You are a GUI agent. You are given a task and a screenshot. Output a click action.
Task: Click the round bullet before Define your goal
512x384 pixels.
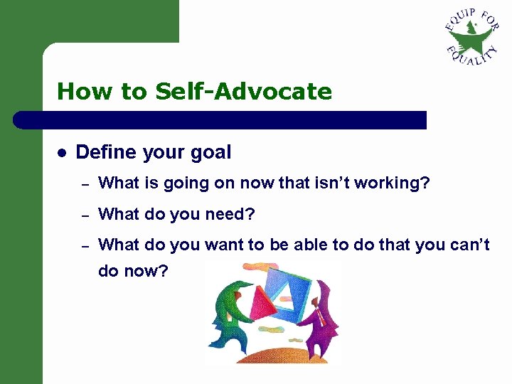[x=62, y=153]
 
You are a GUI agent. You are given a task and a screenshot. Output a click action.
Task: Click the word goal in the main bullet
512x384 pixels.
[x=209, y=152]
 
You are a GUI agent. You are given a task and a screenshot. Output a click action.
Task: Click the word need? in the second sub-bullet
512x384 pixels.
[x=240, y=214]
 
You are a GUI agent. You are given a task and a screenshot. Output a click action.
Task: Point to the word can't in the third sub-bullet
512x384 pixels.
[x=469, y=245]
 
